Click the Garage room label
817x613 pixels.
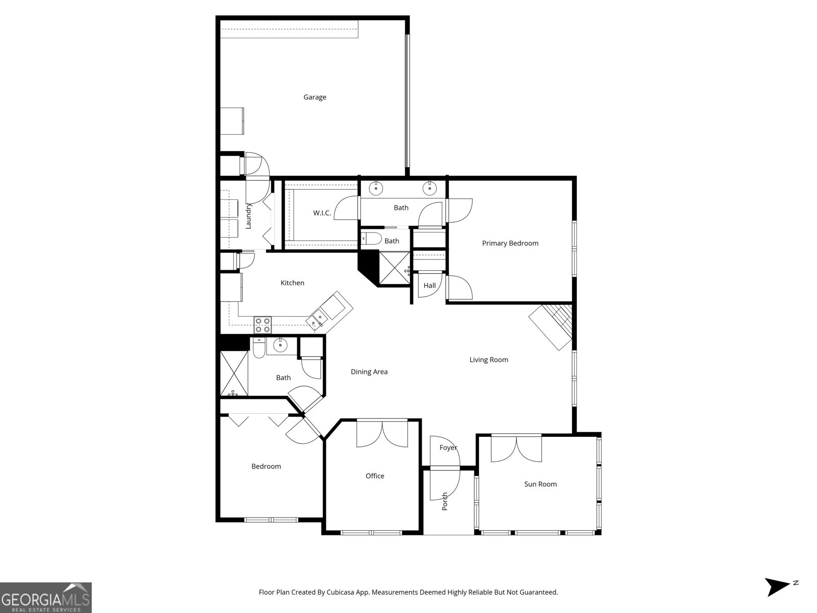click(315, 98)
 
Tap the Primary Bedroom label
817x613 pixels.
click(510, 244)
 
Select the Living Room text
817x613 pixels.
click(488, 360)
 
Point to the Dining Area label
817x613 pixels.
click(369, 372)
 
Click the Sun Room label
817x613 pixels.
click(540, 484)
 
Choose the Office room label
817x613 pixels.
click(374, 476)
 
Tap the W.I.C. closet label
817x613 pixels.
click(322, 213)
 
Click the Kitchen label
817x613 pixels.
click(292, 283)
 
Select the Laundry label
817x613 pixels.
click(248, 216)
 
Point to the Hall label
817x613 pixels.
click(429, 286)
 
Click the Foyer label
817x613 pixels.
click(448, 448)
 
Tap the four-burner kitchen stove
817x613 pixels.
click(262, 325)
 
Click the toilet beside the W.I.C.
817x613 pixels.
click(371, 238)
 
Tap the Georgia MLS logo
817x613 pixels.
click(46, 597)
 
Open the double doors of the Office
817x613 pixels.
click(382, 434)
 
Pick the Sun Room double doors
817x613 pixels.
click(516, 448)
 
